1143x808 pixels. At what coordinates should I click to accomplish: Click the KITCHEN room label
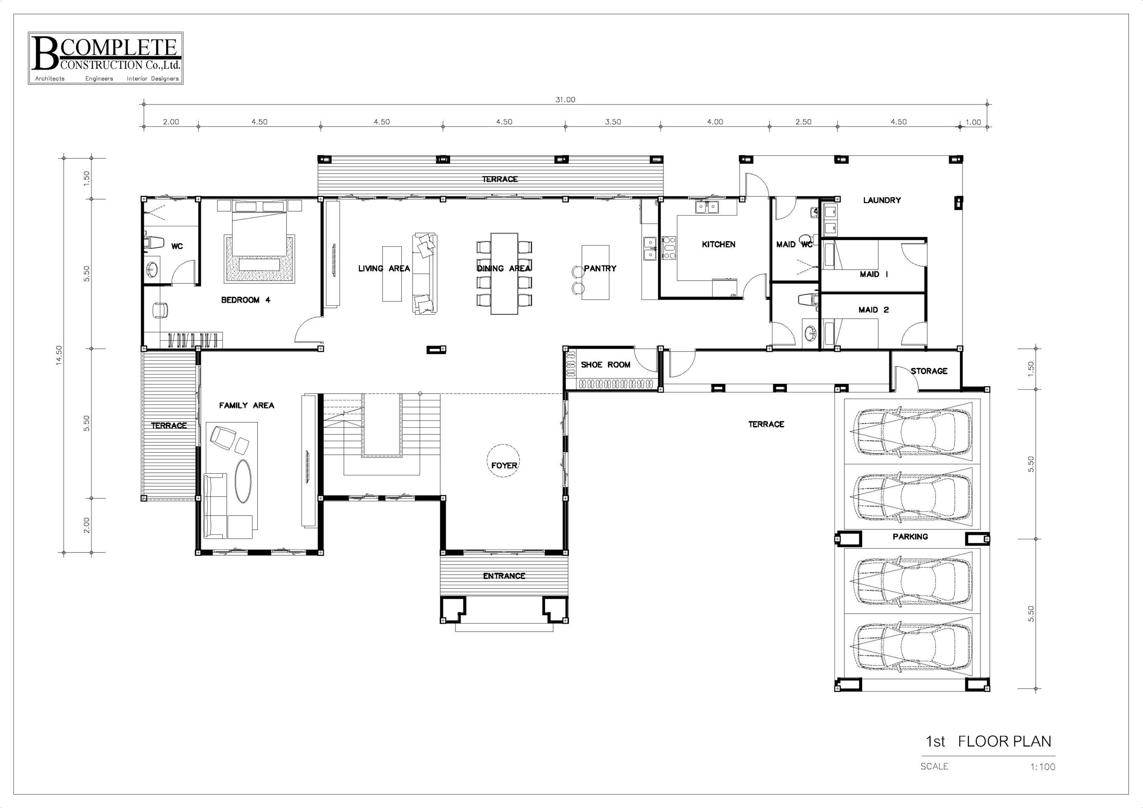pyautogui.click(x=718, y=245)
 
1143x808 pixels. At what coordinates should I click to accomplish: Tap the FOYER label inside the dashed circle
pyautogui.click(x=504, y=466)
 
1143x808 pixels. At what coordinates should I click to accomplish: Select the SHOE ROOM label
pyautogui.click(x=605, y=365)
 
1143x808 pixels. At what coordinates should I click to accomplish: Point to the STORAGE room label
pyautogui.click(x=929, y=371)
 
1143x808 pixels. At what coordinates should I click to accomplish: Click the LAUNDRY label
pyautogui.click(x=882, y=200)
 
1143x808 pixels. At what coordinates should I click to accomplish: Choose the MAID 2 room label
pyautogui.click(x=873, y=310)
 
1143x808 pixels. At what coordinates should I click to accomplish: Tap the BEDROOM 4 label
pyautogui.click(x=246, y=300)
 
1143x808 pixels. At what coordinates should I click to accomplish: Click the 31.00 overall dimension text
pyautogui.click(x=565, y=100)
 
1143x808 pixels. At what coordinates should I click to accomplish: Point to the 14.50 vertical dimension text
pyautogui.click(x=59, y=355)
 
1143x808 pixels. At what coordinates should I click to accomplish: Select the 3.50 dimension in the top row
pyautogui.click(x=613, y=122)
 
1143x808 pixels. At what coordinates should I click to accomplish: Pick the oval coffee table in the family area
pyautogui.click(x=243, y=480)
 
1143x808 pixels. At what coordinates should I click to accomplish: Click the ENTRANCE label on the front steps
pyautogui.click(x=504, y=576)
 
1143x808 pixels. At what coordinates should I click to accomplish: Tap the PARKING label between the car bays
pyautogui.click(x=910, y=537)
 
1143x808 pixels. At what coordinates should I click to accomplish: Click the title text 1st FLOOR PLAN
pyautogui.click(x=988, y=755)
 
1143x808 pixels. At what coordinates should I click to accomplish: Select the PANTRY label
pyautogui.click(x=600, y=268)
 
